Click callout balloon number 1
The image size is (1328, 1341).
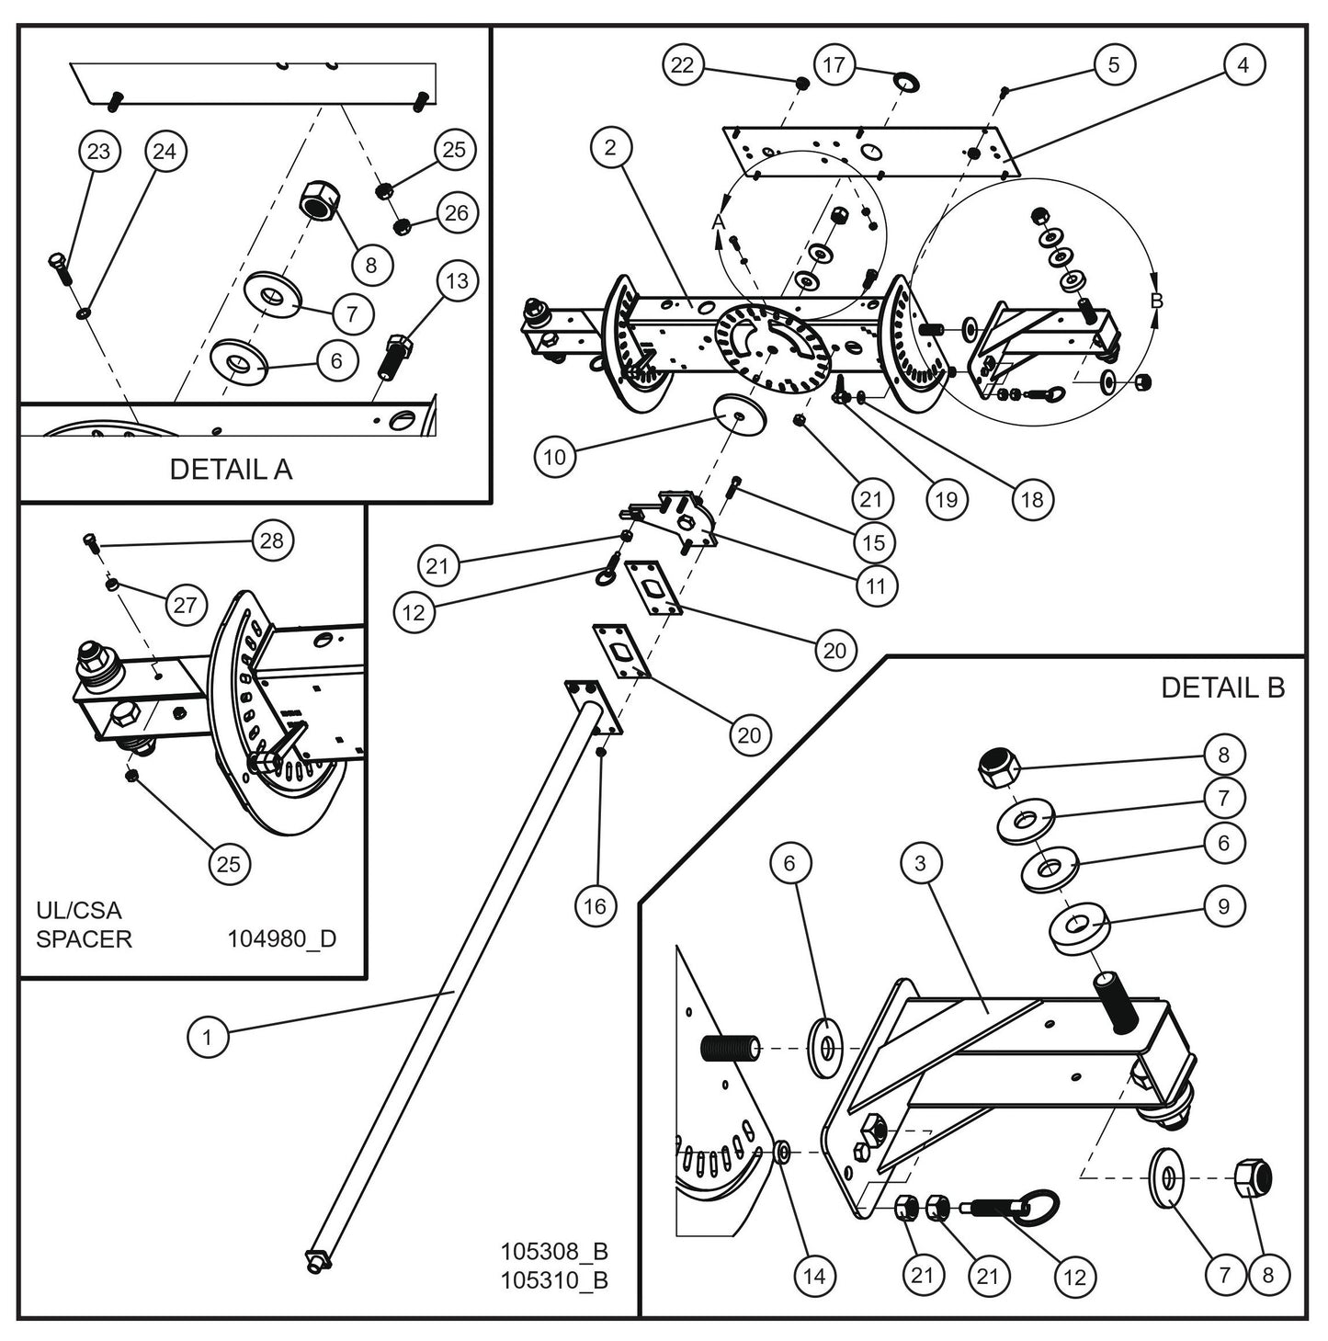(x=208, y=1038)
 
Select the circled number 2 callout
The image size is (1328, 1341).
(x=613, y=148)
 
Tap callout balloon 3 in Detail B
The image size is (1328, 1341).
(x=924, y=864)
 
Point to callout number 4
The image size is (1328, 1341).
(x=1243, y=65)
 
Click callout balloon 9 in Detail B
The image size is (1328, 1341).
(x=1223, y=906)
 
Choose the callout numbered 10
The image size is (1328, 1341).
(x=556, y=457)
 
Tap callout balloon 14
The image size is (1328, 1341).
(x=814, y=1276)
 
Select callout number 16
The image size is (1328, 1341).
(x=596, y=906)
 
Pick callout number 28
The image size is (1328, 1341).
(x=272, y=540)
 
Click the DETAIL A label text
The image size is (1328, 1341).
(x=231, y=470)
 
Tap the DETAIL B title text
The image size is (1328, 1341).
(x=1222, y=688)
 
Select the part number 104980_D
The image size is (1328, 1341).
(x=281, y=939)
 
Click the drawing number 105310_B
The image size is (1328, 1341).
(x=554, y=1279)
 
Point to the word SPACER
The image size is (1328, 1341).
(x=84, y=939)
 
